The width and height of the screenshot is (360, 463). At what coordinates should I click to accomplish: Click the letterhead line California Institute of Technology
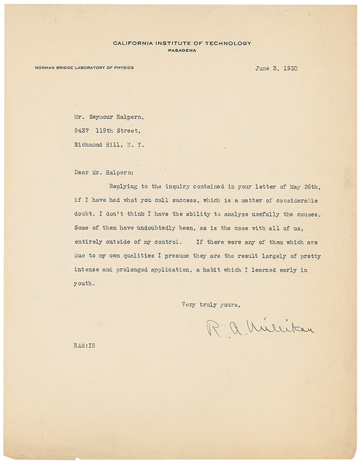pos(182,44)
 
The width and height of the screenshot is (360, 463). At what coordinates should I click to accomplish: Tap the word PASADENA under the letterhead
pos(182,50)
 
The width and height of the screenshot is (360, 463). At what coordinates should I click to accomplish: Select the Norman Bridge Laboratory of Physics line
pos(84,68)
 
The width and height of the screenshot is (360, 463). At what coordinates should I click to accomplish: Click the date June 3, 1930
pos(276,68)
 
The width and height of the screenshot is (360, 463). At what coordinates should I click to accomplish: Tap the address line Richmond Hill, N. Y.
pos(109,144)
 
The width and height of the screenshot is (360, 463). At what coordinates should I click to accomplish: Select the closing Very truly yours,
pos(211,305)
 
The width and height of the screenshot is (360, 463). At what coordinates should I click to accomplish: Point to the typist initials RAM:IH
pos(84,345)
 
